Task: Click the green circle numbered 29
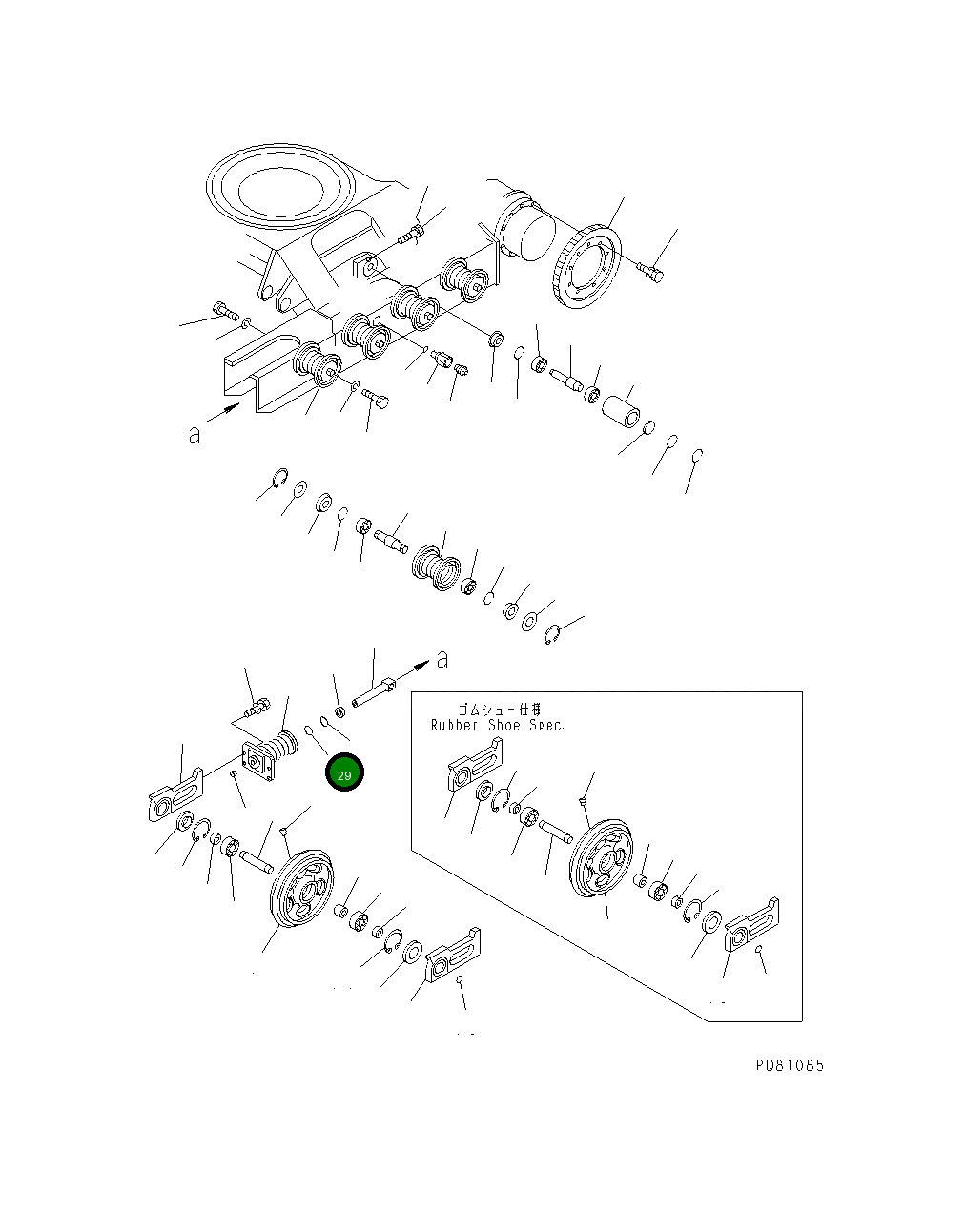pyautogui.click(x=344, y=774)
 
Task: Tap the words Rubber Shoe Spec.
pyautogui.click(x=497, y=725)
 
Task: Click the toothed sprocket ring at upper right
pyautogui.click(x=586, y=268)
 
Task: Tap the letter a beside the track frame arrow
pyautogui.click(x=195, y=436)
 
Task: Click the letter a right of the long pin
pyautogui.click(x=442, y=658)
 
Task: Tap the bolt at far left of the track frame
pyautogui.click(x=222, y=309)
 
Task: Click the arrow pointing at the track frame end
pyautogui.click(x=224, y=412)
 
